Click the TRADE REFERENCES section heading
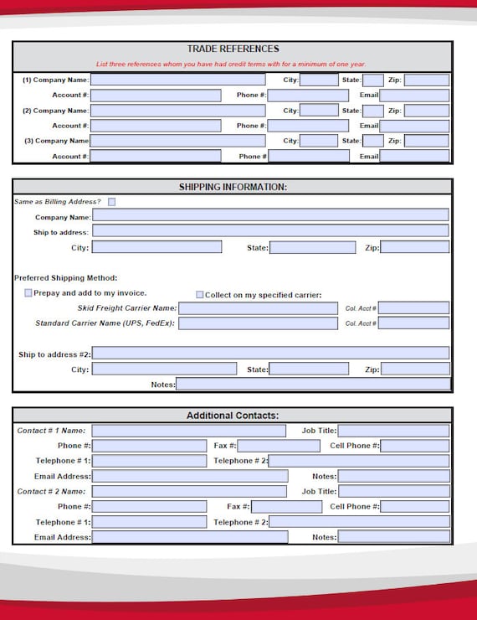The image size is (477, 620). (233, 49)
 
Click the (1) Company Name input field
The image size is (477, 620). (177, 80)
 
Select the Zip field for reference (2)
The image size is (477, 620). (426, 111)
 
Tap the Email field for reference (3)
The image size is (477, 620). (414, 156)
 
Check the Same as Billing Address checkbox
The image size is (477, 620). (112, 202)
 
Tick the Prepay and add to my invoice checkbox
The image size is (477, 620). (28, 293)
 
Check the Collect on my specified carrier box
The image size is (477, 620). (199, 295)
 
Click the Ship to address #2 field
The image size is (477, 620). (269, 354)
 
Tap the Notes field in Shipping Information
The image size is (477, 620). (312, 385)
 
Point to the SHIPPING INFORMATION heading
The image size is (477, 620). (233, 187)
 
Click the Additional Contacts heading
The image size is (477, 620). (233, 416)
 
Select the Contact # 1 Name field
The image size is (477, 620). (188, 431)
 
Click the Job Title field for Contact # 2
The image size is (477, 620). (393, 491)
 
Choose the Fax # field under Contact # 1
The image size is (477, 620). (285, 446)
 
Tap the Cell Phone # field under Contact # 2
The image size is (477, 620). (414, 506)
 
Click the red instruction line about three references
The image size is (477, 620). (231, 65)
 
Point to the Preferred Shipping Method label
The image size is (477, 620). (65, 278)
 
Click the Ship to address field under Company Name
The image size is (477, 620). (269, 231)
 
